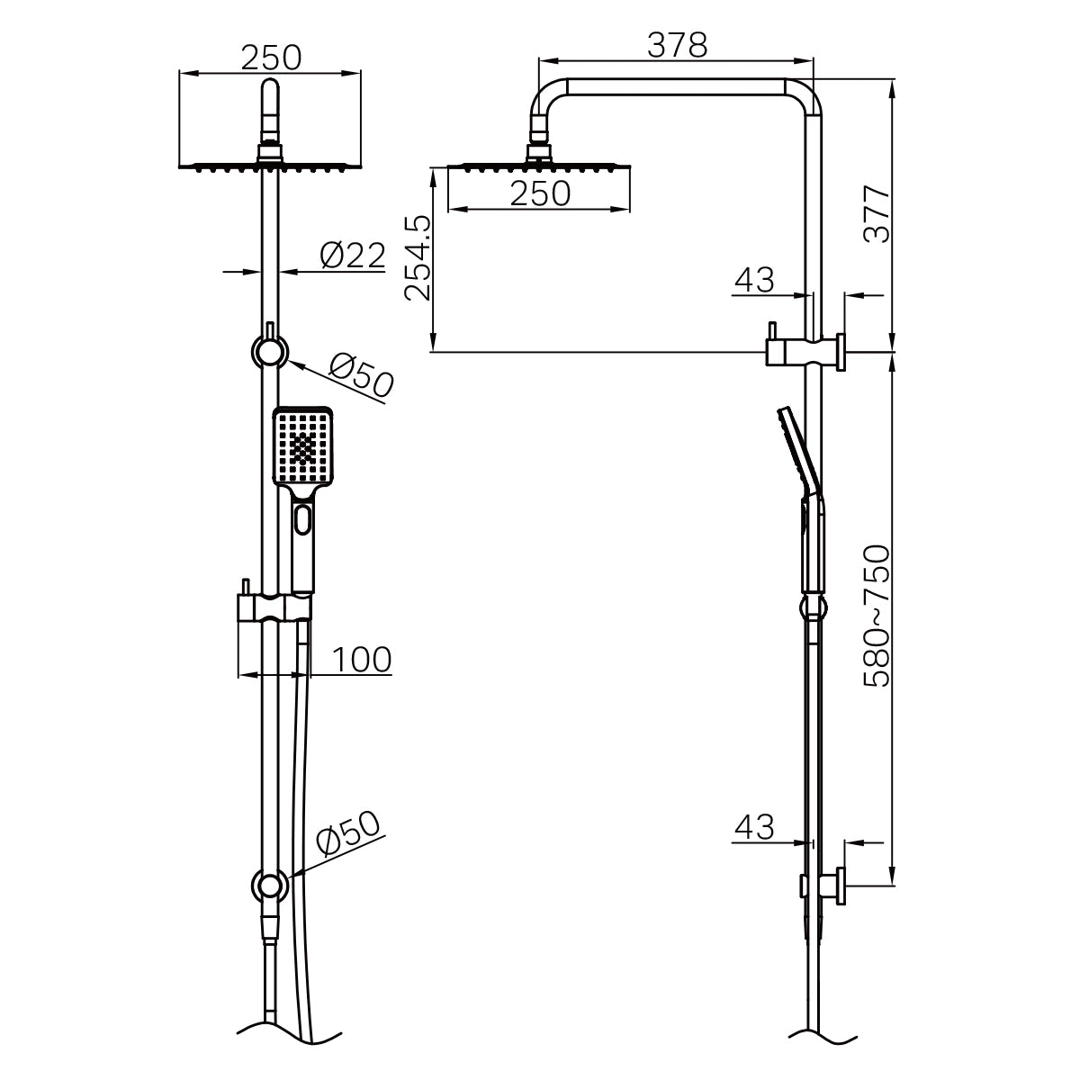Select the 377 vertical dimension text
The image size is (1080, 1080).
(x=876, y=215)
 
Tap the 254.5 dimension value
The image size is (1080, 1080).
(x=417, y=257)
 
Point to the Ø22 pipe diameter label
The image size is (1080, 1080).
(x=353, y=256)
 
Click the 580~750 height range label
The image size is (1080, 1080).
(x=876, y=616)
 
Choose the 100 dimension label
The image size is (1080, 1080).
(x=362, y=660)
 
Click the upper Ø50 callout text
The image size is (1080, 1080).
(x=361, y=376)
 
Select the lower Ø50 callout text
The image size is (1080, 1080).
(x=349, y=838)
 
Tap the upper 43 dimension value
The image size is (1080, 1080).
(x=754, y=281)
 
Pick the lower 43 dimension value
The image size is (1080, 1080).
(x=754, y=827)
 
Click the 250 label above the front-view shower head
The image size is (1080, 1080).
(x=270, y=58)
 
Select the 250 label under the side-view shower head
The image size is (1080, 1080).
(x=540, y=193)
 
